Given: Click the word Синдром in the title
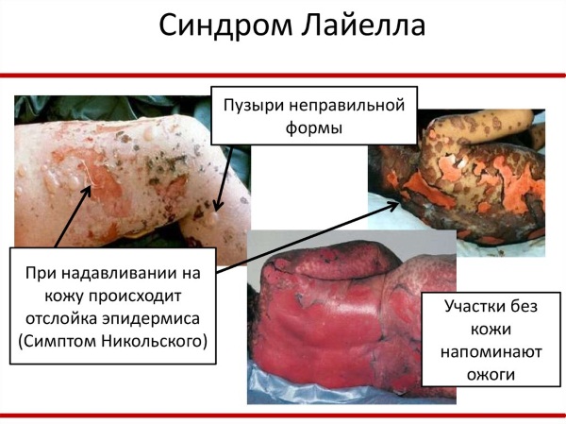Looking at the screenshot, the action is click(225, 26).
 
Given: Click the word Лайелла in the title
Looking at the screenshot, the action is click(363, 25).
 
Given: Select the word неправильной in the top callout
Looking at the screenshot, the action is click(347, 107).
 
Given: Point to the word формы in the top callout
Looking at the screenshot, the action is click(314, 128).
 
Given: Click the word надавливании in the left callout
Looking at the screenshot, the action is click(130, 273).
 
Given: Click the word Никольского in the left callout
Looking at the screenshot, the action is click(154, 341).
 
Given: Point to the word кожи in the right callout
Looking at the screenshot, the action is click(491, 330).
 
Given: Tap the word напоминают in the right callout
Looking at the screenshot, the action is click(491, 351).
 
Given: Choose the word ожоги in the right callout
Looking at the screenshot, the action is click(491, 375).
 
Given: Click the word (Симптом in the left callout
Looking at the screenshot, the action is click(58, 341).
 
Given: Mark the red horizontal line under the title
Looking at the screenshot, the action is click(283, 76).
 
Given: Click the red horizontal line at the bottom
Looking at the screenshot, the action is click(283, 416).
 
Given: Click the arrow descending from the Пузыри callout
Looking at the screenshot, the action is click(224, 178).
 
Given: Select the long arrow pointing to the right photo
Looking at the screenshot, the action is click(308, 237).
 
